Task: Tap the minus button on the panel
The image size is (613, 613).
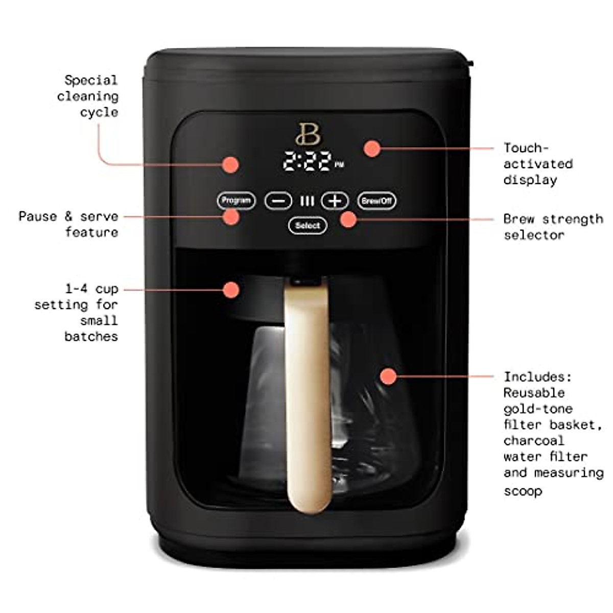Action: tap(278, 201)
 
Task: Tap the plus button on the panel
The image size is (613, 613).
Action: tap(335, 201)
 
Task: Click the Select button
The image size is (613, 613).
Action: tap(308, 225)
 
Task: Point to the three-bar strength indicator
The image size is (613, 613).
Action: tap(307, 201)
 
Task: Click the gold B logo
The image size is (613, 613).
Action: tap(308, 134)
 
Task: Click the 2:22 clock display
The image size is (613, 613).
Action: tap(308, 161)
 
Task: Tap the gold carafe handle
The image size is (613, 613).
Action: tap(308, 398)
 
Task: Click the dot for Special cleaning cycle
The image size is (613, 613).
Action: tap(231, 164)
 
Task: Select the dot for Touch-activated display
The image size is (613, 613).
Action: tap(372, 149)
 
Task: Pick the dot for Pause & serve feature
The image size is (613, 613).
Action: tap(231, 217)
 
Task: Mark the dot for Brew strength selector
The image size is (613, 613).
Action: tap(348, 219)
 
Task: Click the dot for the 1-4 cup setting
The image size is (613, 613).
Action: tap(231, 290)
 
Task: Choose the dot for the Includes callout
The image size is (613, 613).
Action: tap(389, 376)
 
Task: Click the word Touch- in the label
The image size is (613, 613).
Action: tap(526, 148)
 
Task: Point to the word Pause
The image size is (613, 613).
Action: tap(38, 216)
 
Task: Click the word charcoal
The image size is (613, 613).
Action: tap(533, 440)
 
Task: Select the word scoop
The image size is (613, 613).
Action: tap(523, 491)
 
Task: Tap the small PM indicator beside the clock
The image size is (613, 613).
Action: tap(340, 165)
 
